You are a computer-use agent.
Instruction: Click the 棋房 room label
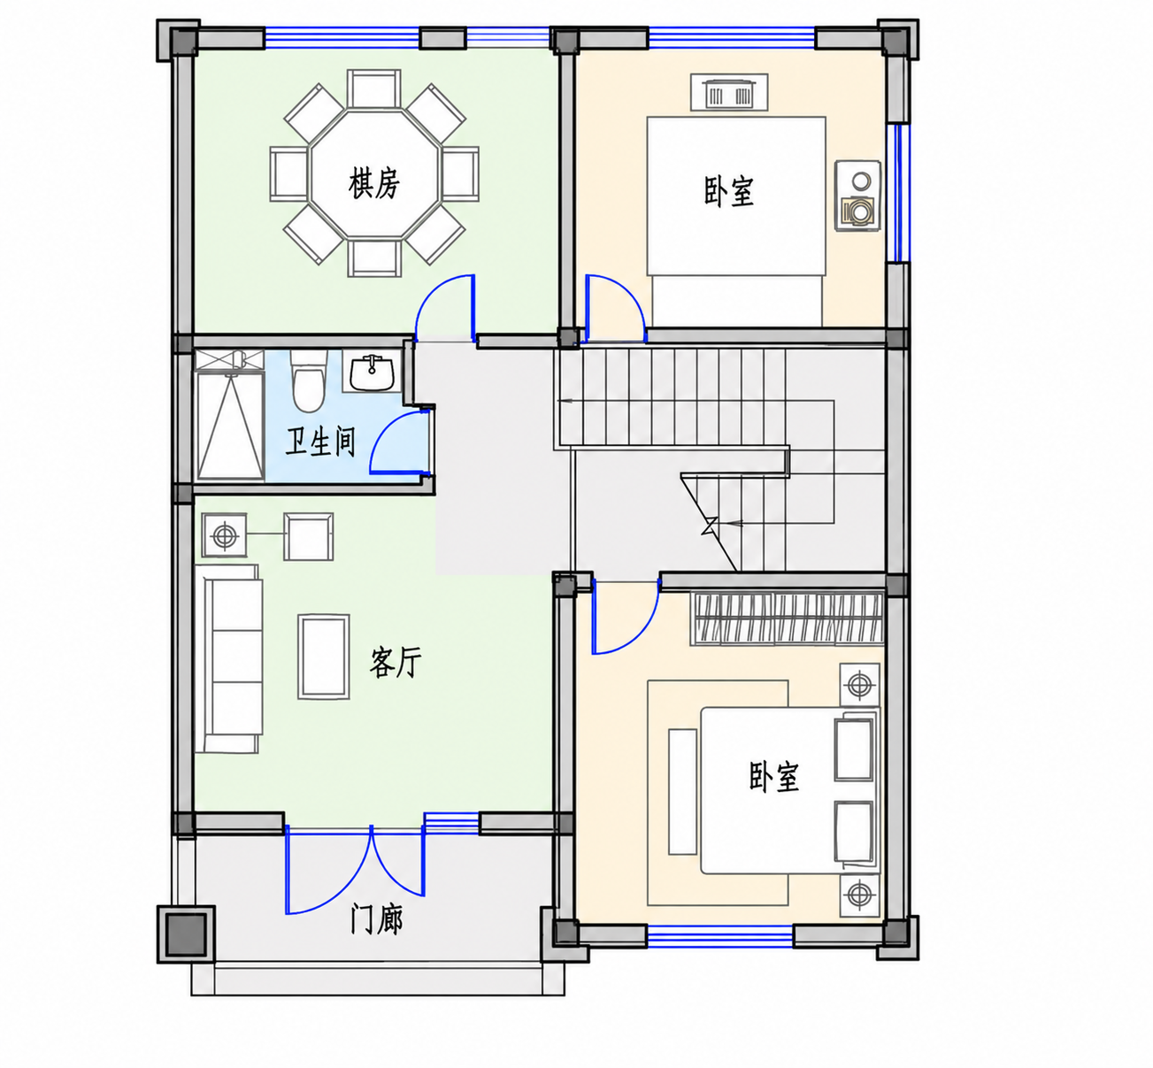coord(373,183)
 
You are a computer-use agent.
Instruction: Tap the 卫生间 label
coord(320,443)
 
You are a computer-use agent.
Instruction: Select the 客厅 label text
coord(396,662)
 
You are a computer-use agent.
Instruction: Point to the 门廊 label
coord(377,918)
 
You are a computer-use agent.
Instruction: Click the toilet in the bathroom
coord(308,380)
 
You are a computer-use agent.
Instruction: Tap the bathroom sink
coord(372,371)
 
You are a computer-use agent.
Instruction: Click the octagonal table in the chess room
coord(374,173)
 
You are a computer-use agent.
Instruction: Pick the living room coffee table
coord(323,657)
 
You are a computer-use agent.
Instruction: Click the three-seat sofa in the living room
coord(228,658)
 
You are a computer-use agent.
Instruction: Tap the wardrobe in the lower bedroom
coord(787,619)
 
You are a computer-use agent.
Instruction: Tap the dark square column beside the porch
coord(187,934)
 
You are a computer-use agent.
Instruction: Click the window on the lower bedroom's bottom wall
coord(720,935)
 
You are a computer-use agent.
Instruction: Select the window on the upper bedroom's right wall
coord(899,193)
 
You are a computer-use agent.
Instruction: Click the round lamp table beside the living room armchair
coord(224,535)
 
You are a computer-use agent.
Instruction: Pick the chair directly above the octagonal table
coord(374,88)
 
